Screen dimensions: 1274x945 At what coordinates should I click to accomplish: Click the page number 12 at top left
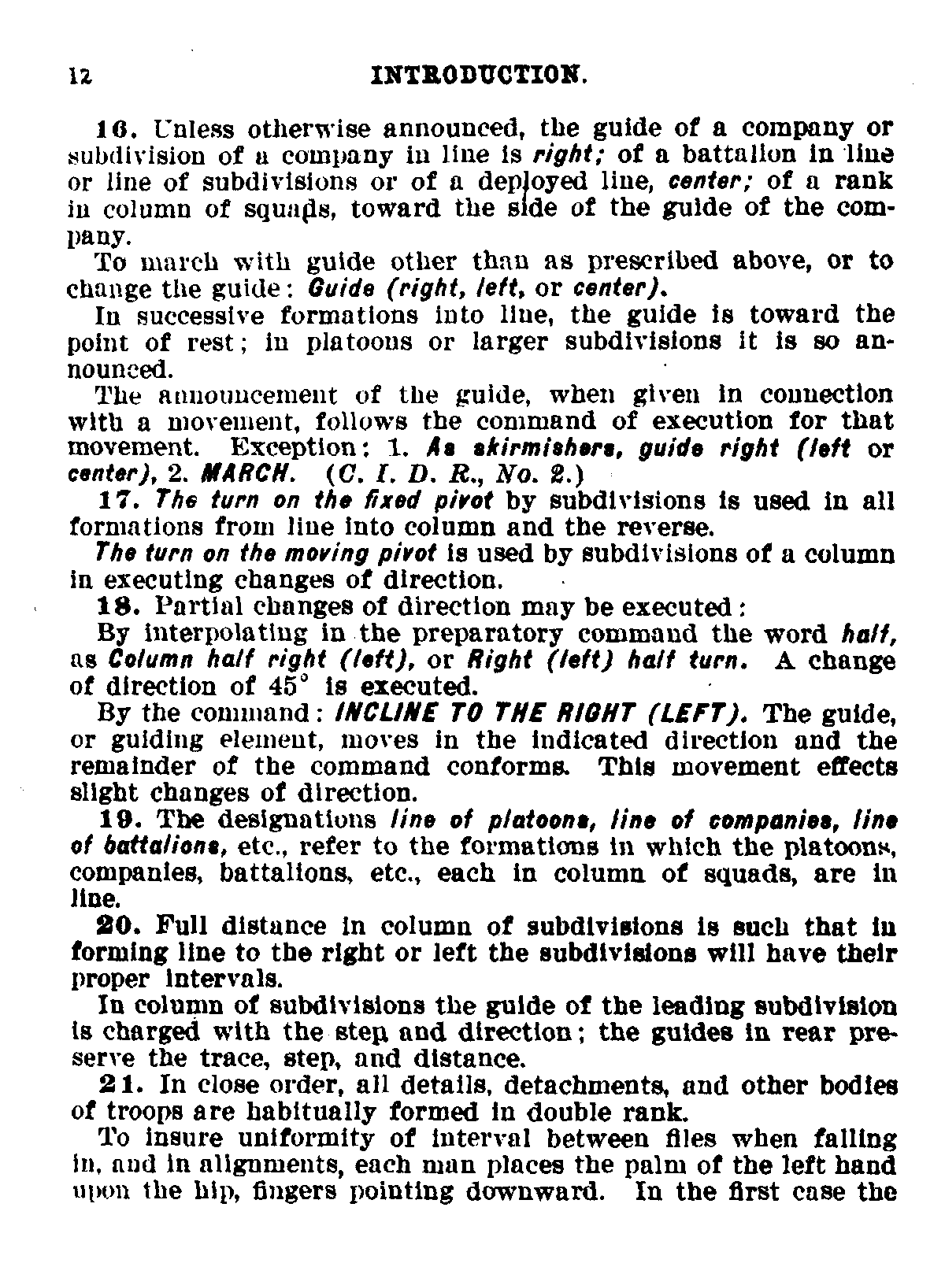81,76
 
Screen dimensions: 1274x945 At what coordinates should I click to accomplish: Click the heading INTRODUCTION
479,76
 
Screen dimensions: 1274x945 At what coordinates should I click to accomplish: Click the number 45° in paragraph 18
277,686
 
